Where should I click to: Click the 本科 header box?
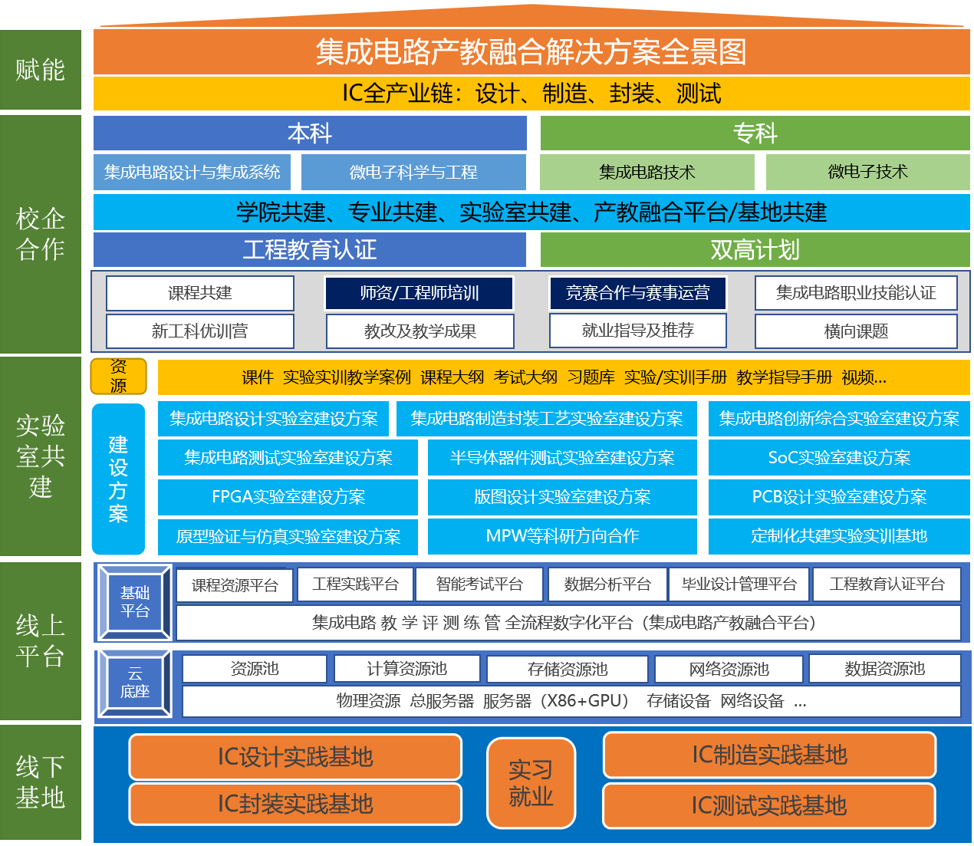pos(309,133)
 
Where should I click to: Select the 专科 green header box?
pos(755,133)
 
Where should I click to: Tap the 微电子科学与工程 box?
pos(413,172)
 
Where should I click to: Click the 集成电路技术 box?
pos(647,172)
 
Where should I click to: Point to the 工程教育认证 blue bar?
pos(309,249)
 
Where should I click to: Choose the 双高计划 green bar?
pos(755,249)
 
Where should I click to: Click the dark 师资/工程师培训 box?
pos(419,293)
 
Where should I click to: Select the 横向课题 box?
pos(856,331)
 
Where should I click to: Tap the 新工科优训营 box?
pos(200,331)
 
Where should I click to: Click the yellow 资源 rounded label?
pos(119,376)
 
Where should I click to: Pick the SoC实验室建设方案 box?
pos(839,458)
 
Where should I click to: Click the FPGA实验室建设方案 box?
pos(288,497)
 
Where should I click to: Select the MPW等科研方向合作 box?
pos(562,536)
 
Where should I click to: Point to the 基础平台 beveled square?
pos(135,602)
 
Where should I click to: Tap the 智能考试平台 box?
pos(479,584)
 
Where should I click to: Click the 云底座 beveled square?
pos(135,683)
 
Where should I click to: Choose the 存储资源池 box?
pos(568,669)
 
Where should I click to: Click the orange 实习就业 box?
pos(531,782)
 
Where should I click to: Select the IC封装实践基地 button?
pos(295,804)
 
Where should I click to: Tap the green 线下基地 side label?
pos(41,782)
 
